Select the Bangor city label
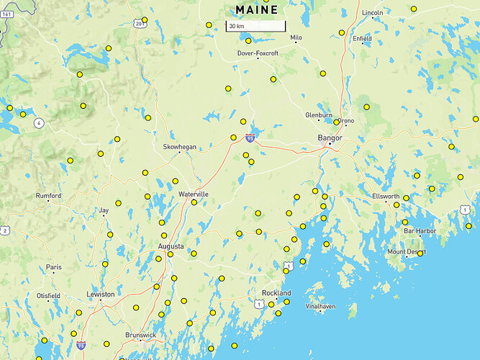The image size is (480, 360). (330, 137)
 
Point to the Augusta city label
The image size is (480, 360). (171, 246)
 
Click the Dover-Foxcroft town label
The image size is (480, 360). (258, 53)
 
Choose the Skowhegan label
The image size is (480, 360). (178, 147)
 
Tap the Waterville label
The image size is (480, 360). (194, 194)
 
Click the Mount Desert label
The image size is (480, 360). (407, 252)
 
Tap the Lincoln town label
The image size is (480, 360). (373, 13)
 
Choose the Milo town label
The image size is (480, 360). (296, 37)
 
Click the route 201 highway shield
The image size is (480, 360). (139, 24)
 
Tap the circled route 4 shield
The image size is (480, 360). (39, 123)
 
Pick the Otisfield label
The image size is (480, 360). (48, 296)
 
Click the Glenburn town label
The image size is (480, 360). (319, 114)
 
